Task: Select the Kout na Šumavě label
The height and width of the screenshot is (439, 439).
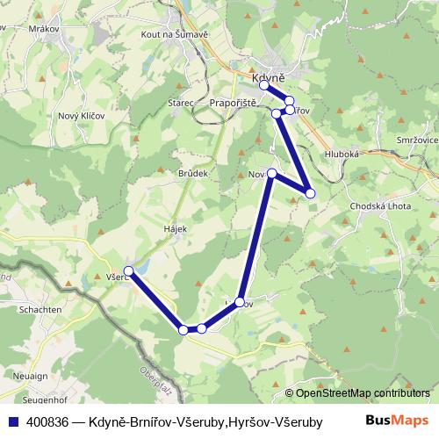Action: (172, 33)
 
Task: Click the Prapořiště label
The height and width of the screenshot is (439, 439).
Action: (234, 103)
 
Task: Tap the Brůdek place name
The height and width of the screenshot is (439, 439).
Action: (192, 174)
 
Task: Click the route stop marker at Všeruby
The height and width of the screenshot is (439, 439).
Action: (129, 271)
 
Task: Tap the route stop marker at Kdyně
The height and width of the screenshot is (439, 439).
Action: (263, 85)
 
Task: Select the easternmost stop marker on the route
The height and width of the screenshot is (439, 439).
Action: (310, 193)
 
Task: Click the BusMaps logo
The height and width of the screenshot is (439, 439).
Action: (398, 421)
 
